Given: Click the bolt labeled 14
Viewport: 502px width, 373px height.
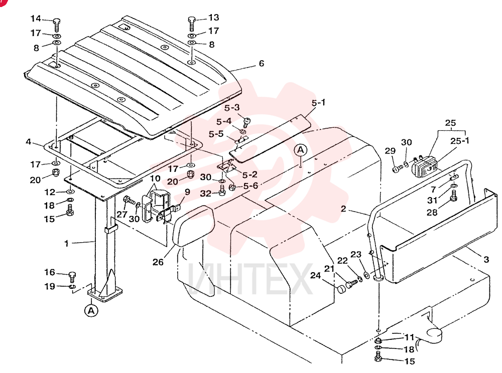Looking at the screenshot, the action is point(57,25).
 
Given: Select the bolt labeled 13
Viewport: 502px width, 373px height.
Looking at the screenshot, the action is point(192,24).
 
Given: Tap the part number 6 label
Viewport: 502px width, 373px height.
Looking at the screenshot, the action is point(262,63).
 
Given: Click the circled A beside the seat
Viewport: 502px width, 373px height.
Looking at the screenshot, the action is point(300,150).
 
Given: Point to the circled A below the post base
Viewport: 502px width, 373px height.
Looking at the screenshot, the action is point(91,310).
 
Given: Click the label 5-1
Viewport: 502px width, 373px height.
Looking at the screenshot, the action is point(318,103).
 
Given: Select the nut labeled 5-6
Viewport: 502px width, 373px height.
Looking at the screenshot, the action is point(233,186).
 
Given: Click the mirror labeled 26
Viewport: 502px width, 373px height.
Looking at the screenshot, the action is point(193,226).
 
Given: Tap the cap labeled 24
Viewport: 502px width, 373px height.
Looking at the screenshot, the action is point(342,289).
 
